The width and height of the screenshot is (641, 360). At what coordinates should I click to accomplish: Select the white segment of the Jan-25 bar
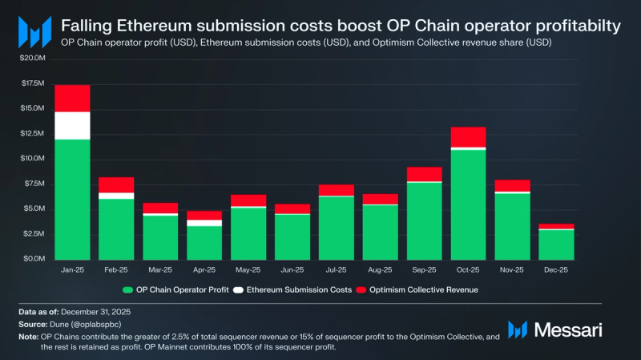72,125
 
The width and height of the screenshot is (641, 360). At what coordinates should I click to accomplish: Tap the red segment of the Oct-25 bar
468,136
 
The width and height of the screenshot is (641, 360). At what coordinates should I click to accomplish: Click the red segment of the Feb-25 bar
116,184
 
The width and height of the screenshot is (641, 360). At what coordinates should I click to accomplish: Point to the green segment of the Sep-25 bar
425,220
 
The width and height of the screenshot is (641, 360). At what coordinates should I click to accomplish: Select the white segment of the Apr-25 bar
204,223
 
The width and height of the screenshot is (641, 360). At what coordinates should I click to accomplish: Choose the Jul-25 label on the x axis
337,270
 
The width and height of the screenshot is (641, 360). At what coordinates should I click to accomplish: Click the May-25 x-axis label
248,270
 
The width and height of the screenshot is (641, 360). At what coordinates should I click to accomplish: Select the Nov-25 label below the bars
513,270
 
